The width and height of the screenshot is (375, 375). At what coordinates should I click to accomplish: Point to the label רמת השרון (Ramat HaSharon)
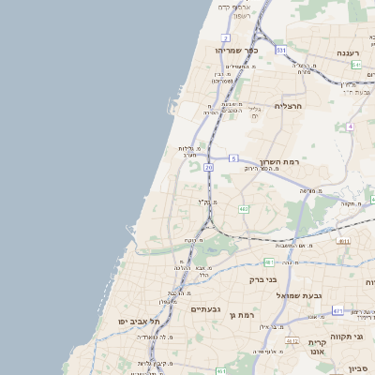(278, 162)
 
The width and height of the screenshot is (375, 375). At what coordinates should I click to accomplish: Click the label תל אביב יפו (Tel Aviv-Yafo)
(135, 321)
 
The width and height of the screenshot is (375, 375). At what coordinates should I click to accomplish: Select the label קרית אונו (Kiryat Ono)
(316, 349)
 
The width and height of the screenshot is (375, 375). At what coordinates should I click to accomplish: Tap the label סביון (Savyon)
(361, 367)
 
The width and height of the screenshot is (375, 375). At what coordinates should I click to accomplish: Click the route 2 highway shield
(226, 37)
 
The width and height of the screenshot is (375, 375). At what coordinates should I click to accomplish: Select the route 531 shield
(281, 49)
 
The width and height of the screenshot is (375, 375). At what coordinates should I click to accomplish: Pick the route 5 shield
(232, 158)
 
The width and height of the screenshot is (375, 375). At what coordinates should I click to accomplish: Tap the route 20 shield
(208, 167)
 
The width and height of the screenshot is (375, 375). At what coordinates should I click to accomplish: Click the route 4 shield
(350, 125)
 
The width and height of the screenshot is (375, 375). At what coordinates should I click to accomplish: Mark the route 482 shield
(244, 208)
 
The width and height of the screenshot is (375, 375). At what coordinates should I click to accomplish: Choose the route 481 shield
(269, 262)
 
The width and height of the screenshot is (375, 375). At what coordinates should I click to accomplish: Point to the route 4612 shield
(292, 341)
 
